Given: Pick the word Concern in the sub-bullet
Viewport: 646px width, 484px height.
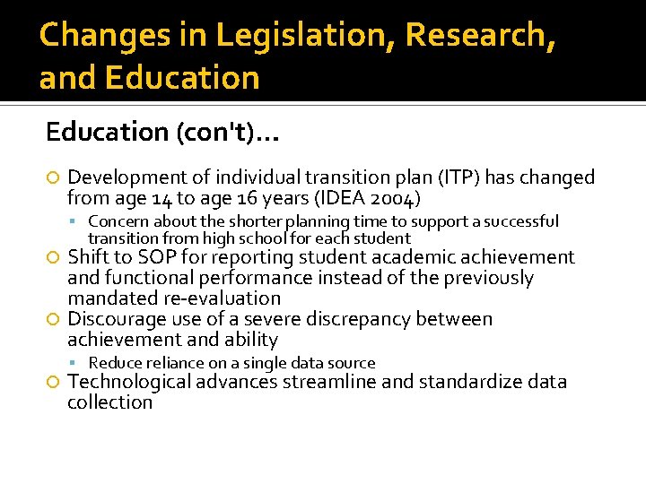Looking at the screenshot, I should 117,220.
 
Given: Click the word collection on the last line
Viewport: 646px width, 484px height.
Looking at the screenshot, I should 109,402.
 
